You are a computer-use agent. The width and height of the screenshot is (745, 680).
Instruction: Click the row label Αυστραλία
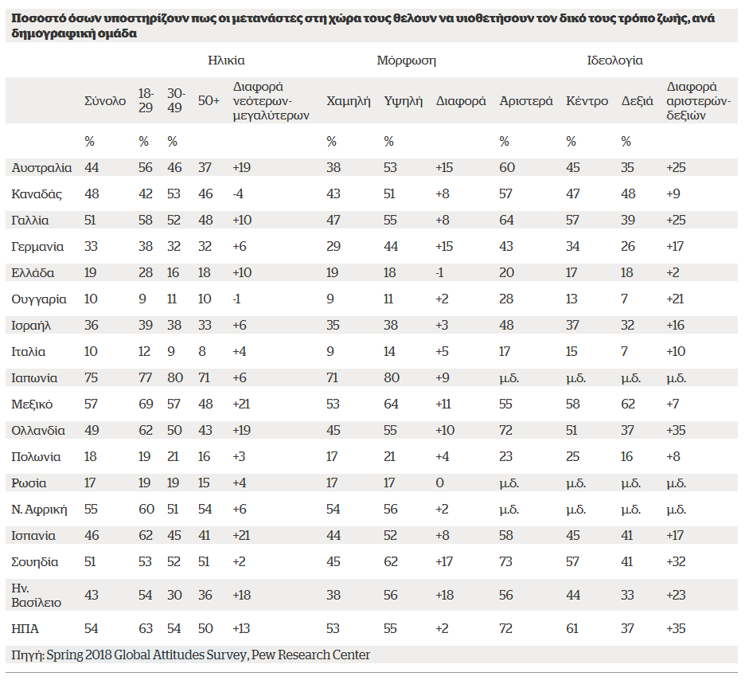(42, 168)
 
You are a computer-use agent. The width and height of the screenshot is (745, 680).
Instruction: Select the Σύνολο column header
(105, 101)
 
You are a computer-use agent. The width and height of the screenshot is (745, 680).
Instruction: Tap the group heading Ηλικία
(226, 61)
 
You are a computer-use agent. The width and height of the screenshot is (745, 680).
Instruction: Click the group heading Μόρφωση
(406, 61)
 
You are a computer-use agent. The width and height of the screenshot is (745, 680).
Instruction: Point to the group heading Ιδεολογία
(614, 61)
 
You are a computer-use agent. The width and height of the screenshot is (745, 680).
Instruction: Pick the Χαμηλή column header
(349, 101)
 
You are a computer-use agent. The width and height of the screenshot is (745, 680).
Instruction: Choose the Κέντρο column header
(587, 101)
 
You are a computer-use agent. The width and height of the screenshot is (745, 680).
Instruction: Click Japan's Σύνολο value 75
(92, 377)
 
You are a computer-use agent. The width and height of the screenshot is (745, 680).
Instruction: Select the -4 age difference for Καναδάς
(238, 193)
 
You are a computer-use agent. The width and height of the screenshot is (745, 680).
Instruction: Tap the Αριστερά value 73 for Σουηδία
(506, 561)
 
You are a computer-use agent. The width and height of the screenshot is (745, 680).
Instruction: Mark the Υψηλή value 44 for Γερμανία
(391, 247)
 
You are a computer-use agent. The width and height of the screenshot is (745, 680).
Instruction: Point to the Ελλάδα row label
(33, 273)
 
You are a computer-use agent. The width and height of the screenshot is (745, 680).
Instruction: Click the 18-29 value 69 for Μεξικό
(146, 404)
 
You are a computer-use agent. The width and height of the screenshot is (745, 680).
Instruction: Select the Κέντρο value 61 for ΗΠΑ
(572, 629)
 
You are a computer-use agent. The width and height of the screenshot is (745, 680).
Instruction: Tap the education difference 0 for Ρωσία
(439, 483)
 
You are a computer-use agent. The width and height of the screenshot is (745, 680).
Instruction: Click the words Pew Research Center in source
(310, 655)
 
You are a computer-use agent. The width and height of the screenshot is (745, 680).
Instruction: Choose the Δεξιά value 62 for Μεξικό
(628, 404)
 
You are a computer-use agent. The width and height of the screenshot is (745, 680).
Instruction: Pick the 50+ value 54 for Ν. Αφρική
(205, 510)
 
